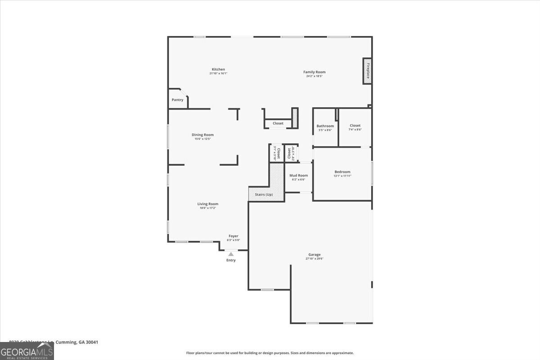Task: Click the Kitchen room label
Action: coord(218,69)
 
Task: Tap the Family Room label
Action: coord(314,72)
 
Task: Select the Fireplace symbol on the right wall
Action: coord(367,71)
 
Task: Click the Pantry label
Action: coord(177,100)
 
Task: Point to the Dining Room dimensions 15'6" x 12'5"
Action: coord(202,139)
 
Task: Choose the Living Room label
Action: coord(207,204)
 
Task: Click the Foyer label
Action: coord(233,236)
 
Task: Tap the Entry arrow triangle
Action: coord(231,254)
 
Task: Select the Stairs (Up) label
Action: coord(264,194)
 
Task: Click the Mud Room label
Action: coord(298,175)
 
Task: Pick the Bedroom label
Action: coord(342,172)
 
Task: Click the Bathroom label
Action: coord(325,126)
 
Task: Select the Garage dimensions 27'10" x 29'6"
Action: coord(315,259)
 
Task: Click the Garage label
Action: coord(315,255)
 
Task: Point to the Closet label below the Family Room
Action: coord(278,123)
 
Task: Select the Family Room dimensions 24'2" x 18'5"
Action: coord(314,76)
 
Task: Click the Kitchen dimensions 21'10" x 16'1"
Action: coord(218,73)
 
